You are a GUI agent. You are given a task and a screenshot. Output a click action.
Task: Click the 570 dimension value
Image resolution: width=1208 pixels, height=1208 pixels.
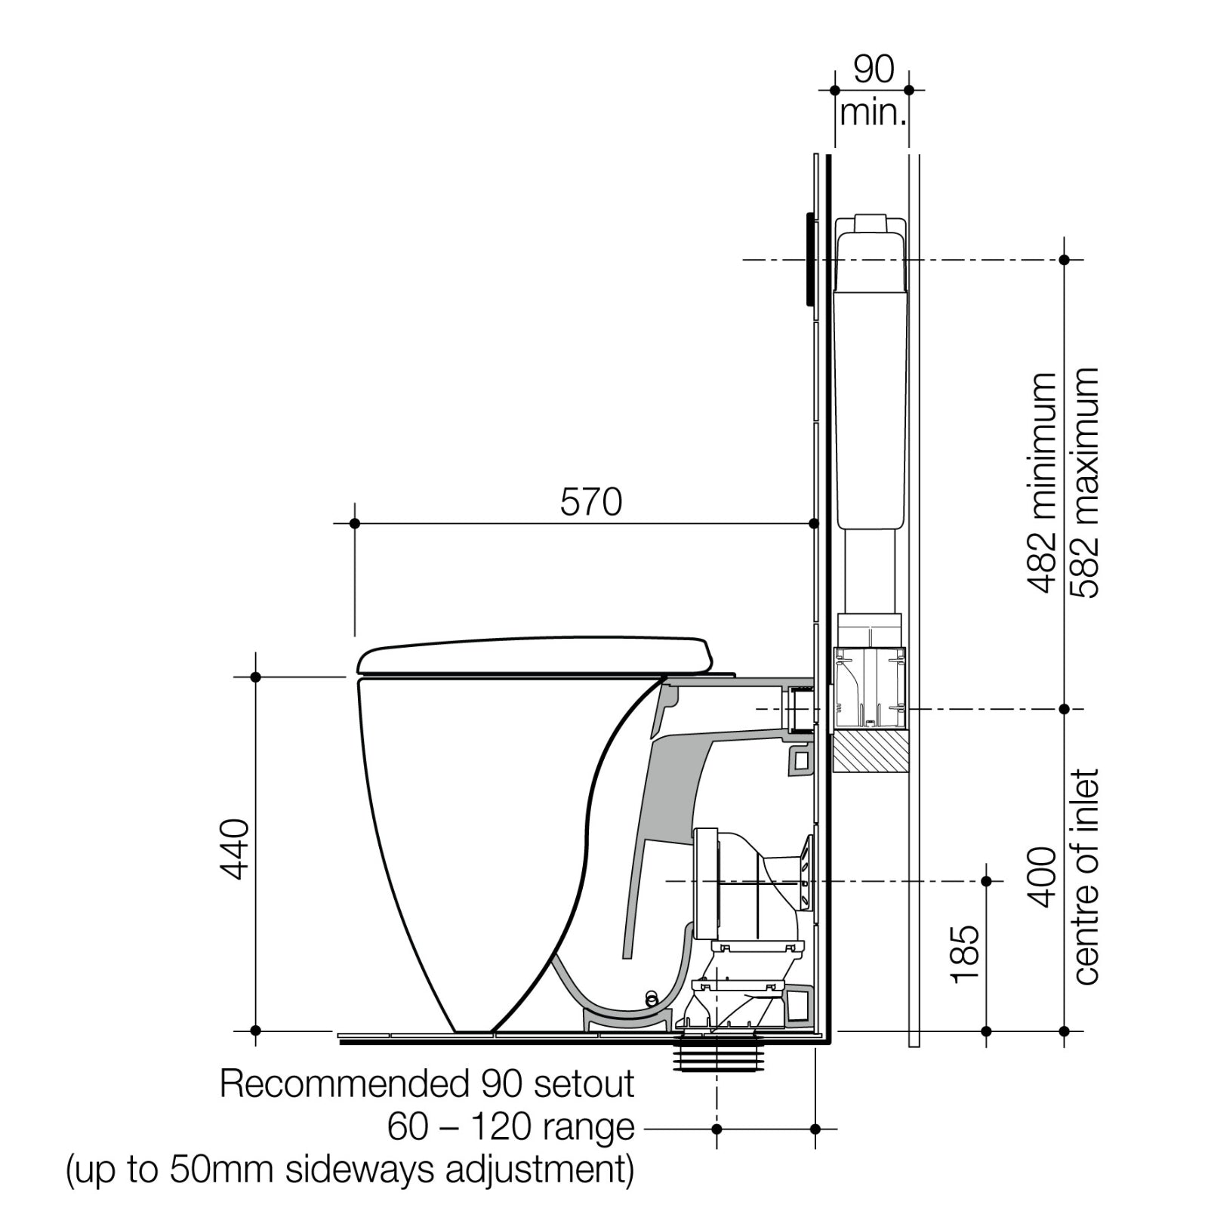point(590,502)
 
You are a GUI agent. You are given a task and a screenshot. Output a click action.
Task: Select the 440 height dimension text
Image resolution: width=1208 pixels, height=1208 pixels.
point(236,849)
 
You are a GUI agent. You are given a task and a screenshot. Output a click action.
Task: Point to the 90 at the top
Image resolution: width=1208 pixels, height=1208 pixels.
point(874,69)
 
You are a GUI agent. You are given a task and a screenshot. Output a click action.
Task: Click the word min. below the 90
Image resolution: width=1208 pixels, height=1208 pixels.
point(873,113)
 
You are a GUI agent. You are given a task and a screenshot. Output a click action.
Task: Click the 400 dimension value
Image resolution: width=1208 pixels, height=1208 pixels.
point(1043,877)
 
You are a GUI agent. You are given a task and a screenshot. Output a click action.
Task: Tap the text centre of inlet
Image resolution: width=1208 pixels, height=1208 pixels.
point(1086,877)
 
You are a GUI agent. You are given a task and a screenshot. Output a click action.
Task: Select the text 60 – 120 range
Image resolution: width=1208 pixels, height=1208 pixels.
point(511,1127)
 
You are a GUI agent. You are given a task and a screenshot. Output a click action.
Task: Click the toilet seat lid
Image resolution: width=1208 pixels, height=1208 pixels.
point(535,655)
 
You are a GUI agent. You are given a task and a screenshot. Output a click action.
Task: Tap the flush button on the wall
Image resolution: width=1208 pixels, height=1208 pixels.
point(809,259)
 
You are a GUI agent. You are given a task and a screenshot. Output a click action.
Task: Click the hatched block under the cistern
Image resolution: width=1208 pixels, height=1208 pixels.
point(869,750)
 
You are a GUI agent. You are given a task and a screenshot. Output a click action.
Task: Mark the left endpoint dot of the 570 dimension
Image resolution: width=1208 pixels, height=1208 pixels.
point(355,523)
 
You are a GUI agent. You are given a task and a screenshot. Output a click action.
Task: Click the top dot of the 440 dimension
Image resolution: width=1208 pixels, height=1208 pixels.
point(255,677)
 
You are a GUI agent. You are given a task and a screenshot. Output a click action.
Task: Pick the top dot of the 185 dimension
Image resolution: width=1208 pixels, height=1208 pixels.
point(985,881)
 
